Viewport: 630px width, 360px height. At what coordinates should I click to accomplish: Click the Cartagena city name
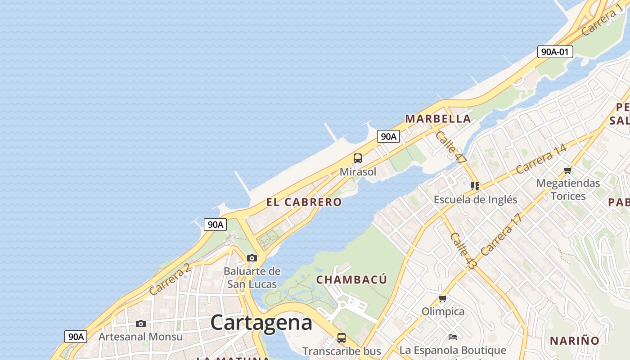click(x=261, y=322)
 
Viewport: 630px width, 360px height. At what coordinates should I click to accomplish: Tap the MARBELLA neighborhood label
click(x=438, y=119)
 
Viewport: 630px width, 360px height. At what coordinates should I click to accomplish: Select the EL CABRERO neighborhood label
click(x=304, y=202)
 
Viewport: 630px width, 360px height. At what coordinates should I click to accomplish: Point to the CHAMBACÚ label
click(x=351, y=279)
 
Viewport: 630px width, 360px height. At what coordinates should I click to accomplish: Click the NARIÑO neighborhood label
click(x=575, y=341)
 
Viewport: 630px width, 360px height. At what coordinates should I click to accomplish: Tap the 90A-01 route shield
click(x=555, y=52)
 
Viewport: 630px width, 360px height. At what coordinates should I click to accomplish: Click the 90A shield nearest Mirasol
click(x=388, y=136)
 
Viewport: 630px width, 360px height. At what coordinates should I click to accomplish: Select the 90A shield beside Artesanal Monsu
click(x=76, y=336)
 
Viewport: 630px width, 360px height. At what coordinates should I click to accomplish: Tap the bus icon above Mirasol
click(x=358, y=158)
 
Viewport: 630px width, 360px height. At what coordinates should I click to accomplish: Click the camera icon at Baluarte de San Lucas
click(x=252, y=258)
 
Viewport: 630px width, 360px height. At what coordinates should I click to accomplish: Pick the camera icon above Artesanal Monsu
click(x=141, y=324)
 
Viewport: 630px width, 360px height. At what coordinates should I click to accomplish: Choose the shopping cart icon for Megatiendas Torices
click(x=567, y=170)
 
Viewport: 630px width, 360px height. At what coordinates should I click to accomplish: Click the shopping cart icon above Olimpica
click(x=443, y=298)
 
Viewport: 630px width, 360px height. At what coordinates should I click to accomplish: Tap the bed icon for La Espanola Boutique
click(x=453, y=337)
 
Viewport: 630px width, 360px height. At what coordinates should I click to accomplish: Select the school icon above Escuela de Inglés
click(x=475, y=186)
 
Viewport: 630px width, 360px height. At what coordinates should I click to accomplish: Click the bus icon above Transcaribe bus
click(x=342, y=337)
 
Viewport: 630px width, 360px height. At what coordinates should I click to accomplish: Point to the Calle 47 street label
click(x=451, y=147)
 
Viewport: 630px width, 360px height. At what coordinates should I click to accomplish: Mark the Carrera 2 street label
click(x=169, y=280)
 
